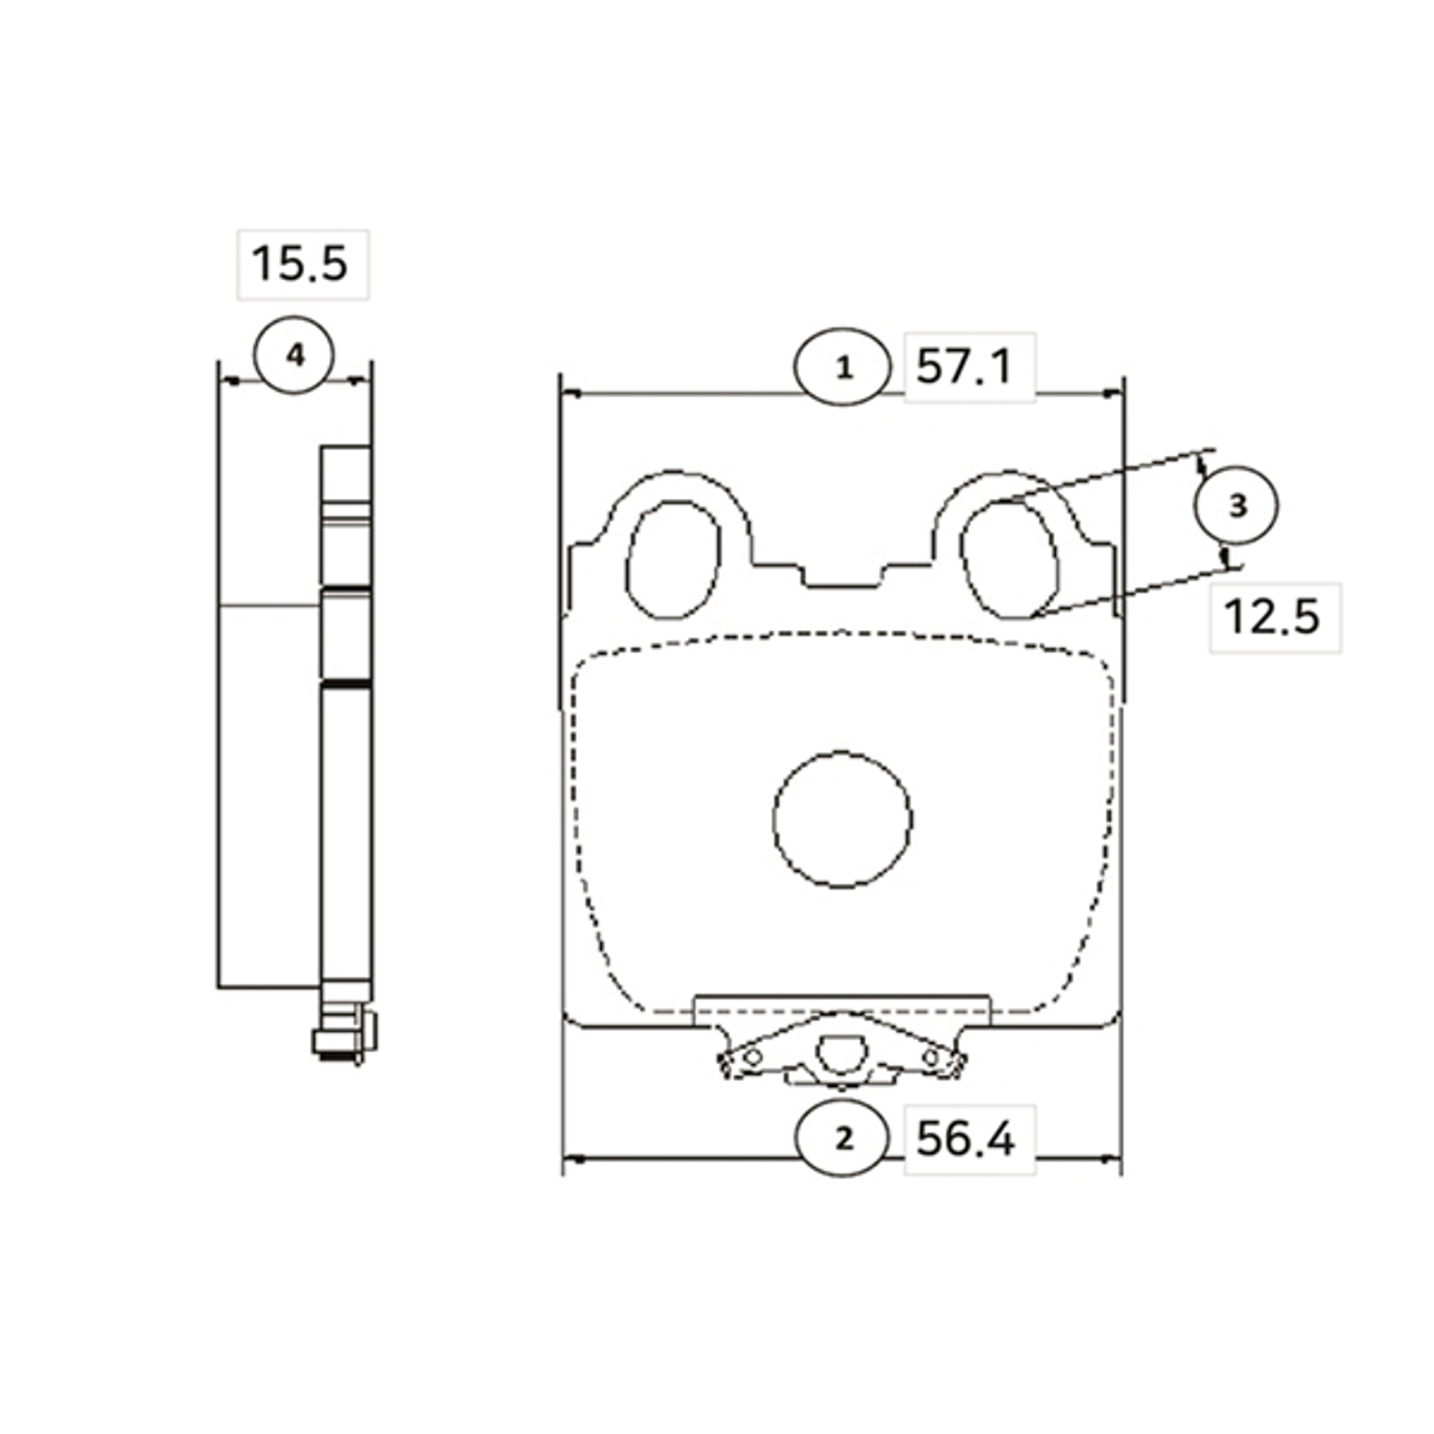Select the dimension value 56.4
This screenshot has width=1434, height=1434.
click(965, 1139)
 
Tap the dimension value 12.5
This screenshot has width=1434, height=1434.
click(1271, 617)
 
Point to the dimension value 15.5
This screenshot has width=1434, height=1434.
click(299, 263)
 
